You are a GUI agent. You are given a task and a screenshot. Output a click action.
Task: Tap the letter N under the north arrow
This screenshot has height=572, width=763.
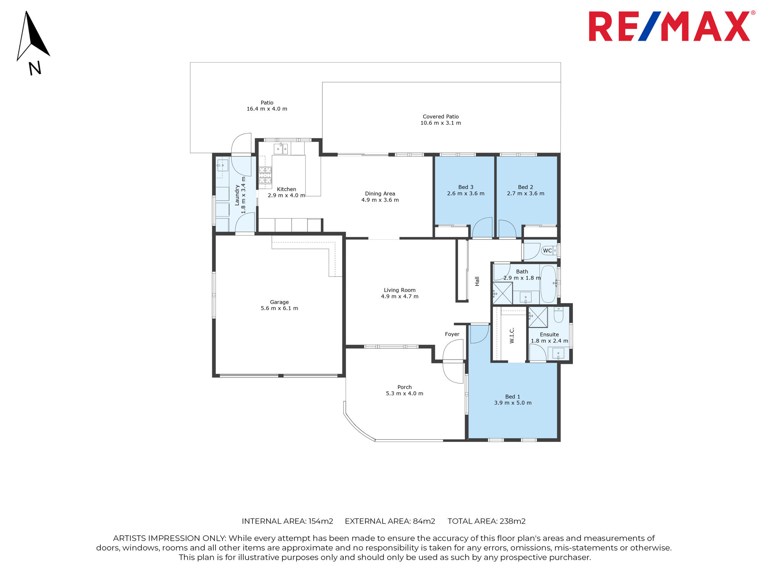pyautogui.click(x=35, y=68)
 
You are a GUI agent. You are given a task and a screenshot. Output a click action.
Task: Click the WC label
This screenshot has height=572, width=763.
pyautogui.click(x=547, y=251)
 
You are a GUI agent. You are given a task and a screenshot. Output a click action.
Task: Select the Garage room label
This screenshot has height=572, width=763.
pyautogui.click(x=279, y=302)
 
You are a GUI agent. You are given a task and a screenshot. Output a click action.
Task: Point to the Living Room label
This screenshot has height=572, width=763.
pyautogui.click(x=399, y=290)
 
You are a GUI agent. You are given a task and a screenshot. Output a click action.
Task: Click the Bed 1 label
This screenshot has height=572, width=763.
pyautogui.click(x=513, y=397)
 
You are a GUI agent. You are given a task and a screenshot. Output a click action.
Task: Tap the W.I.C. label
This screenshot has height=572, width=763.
pyautogui.click(x=512, y=336)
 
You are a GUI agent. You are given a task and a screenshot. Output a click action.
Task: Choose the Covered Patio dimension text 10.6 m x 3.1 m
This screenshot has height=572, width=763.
pyautogui.click(x=441, y=123)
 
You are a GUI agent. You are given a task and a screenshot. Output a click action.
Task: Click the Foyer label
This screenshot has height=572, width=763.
pyautogui.click(x=452, y=334)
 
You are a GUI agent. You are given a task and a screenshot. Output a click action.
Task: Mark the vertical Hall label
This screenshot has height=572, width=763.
pyautogui.click(x=477, y=281)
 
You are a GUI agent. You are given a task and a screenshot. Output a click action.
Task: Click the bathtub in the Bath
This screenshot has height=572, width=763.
pyautogui.click(x=548, y=284)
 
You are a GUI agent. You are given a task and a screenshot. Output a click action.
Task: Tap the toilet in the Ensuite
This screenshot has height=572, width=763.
pyautogui.click(x=559, y=315)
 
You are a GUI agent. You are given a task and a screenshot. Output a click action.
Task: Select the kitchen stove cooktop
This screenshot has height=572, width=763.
pyautogui.click(x=265, y=175)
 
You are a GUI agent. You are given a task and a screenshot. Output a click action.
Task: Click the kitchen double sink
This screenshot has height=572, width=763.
pyautogui.click(x=281, y=149)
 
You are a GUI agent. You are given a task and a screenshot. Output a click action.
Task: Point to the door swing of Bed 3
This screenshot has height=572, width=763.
pyautogui.click(x=482, y=227)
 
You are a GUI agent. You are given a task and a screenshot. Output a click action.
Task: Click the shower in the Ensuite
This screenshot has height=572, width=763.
pyautogui.click(x=538, y=317)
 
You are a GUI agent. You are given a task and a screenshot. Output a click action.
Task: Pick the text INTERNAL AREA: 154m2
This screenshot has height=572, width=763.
pyautogui.click(x=288, y=521)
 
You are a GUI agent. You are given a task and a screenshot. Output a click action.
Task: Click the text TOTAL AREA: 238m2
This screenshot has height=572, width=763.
pyautogui.click(x=486, y=521)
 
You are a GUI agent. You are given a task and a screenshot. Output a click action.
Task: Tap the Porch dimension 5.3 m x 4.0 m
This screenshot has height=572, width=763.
pyautogui.click(x=404, y=394)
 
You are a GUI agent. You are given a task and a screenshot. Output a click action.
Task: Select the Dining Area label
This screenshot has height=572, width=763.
pyautogui.click(x=380, y=194)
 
